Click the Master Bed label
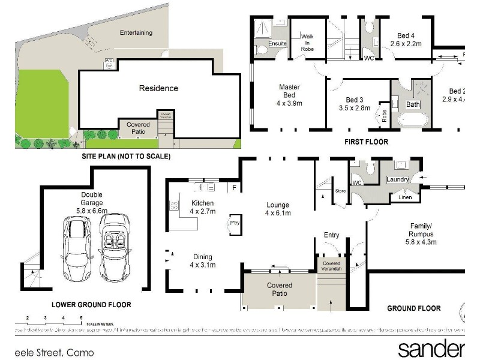[289, 95]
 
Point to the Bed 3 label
[355, 104]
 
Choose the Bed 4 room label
[406, 39]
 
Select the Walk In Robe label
[307, 40]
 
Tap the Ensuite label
[278, 44]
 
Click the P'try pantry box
[235, 222]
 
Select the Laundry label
[398, 179]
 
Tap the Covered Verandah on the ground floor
[331, 266]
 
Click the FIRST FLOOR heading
[366, 142]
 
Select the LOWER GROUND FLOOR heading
[91, 305]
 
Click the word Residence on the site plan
[158, 88]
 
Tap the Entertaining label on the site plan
[136, 33]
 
